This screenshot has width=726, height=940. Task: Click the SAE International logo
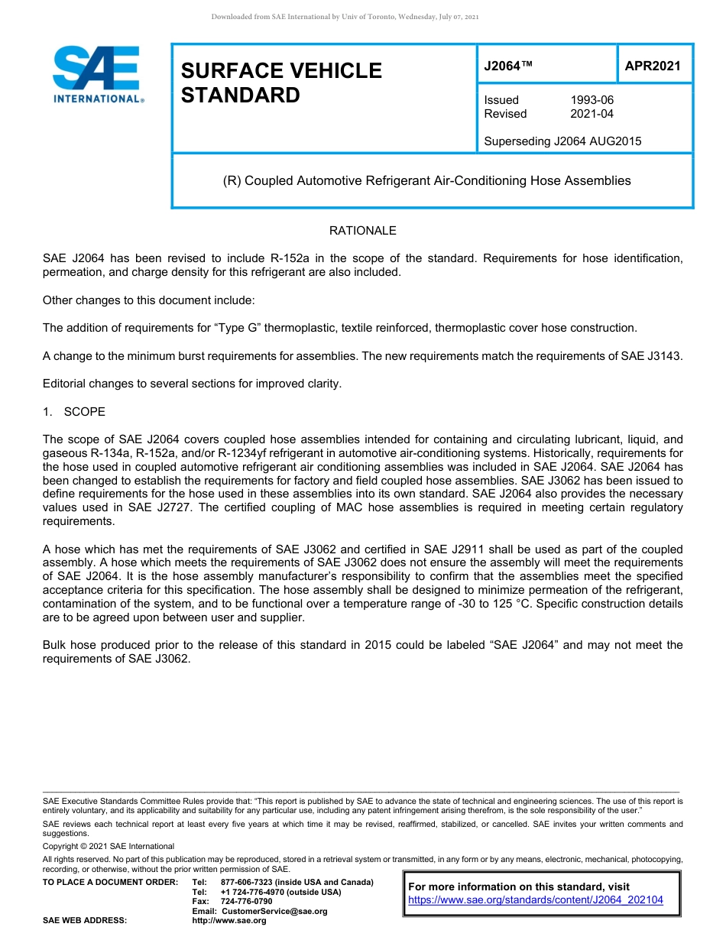pos(96,74)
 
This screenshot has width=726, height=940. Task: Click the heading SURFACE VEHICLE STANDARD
pos(280,83)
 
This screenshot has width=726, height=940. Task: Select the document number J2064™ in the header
pos(507,66)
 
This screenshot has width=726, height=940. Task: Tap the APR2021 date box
pos(653,66)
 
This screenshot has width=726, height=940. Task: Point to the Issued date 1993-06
pos(591,100)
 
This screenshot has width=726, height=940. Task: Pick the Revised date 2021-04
pos(591,114)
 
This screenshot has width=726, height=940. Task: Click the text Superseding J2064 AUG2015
pos(562,141)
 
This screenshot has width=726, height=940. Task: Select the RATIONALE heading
pos(362,231)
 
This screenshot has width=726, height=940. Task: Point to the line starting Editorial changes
pos(192,384)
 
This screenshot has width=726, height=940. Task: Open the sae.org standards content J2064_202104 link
pos(536,900)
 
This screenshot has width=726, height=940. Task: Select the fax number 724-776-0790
pos(246,902)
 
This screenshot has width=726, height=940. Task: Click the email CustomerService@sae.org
pos(274,911)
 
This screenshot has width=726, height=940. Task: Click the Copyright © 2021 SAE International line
pos(109,846)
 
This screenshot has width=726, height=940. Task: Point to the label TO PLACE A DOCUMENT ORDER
pos(110,883)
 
